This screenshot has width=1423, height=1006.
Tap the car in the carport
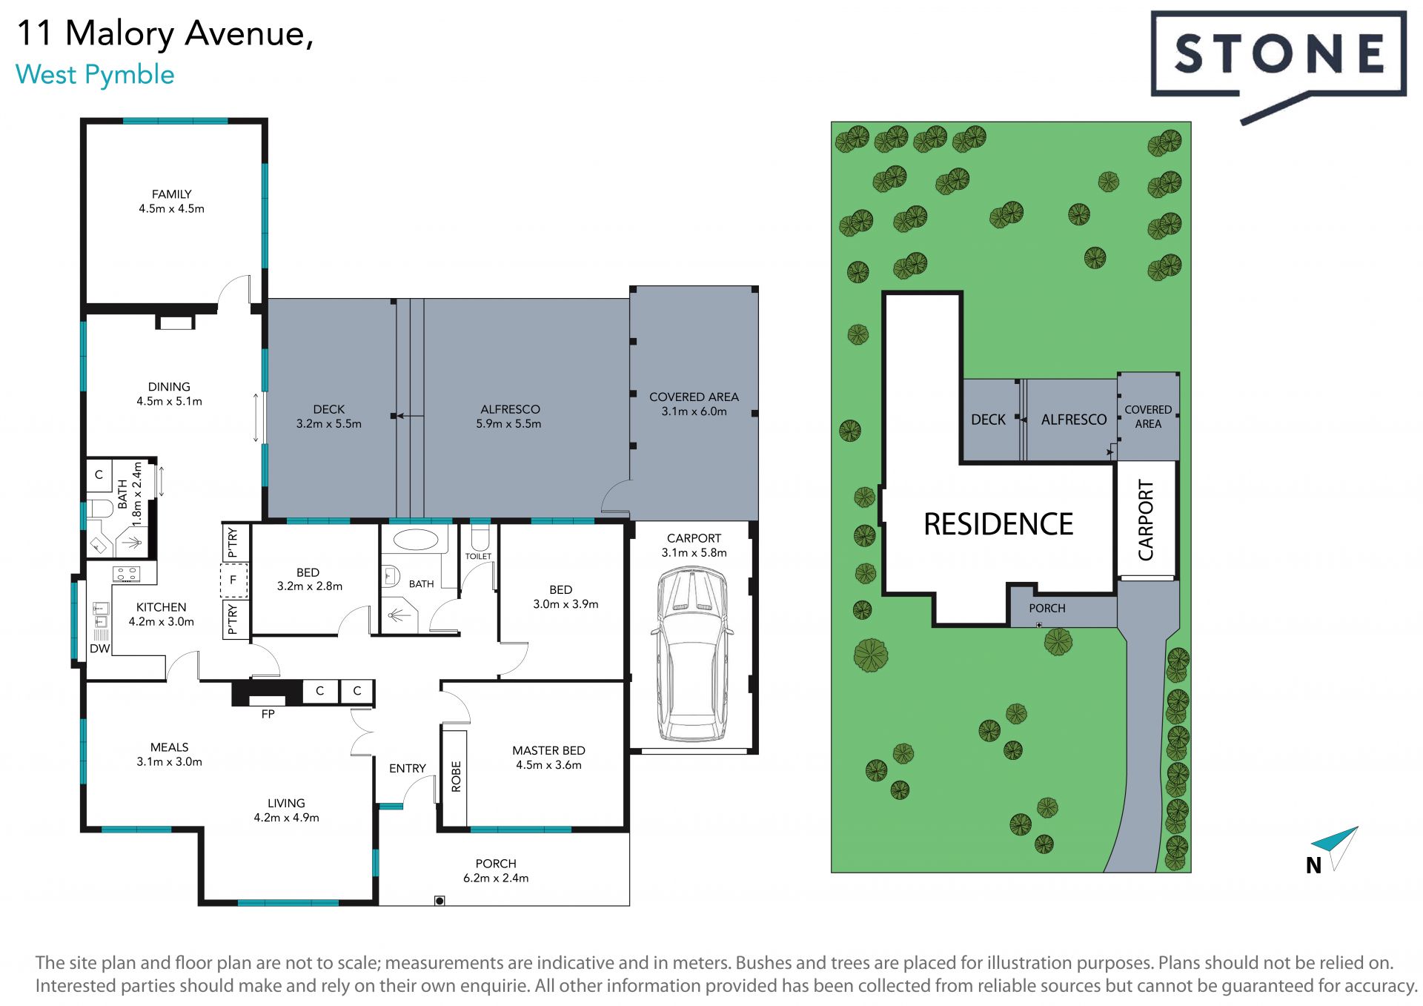coord(692,655)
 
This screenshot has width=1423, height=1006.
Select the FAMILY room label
coord(171,194)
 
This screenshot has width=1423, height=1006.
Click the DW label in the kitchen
coord(99,649)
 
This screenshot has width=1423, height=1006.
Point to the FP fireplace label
coord(268,714)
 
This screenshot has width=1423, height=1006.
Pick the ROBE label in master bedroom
coord(456,777)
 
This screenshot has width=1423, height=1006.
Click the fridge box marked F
coord(233,580)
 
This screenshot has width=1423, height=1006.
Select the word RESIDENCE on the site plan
coord(998,524)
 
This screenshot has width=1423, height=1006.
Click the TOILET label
coord(478,556)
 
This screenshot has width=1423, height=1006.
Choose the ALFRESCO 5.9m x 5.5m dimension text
coord(508,424)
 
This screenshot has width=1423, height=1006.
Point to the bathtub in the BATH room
coord(415,539)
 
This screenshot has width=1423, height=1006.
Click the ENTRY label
coord(408,768)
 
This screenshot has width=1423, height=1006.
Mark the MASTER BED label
coord(548,750)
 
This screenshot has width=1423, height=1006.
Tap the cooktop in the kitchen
coord(125,573)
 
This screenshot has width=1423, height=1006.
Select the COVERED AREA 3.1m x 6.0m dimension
coord(694,411)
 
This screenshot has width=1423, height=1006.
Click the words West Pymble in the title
coord(95,75)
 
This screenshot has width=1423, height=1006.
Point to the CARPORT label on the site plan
coord(1146,520)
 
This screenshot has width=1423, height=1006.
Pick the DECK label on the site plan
coord(988,420)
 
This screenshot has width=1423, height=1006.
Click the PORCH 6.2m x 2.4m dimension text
coord(496,878)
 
